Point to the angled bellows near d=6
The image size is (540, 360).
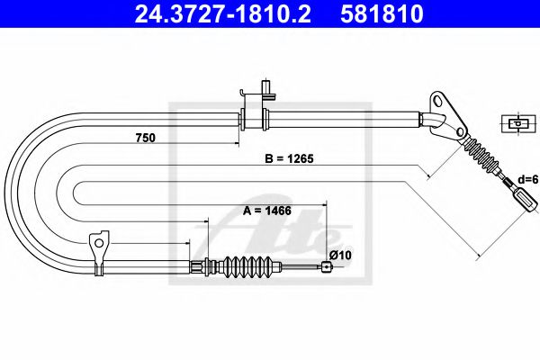(x=484, y=163)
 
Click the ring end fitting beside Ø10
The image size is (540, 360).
(x=324, y=265)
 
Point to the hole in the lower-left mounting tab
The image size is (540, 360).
(x=99, y=240)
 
